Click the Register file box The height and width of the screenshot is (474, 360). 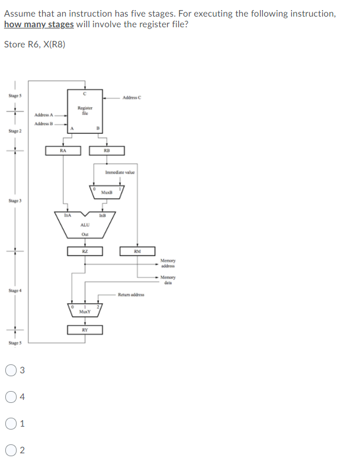pos(85,110)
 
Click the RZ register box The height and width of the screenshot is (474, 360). pos(85,251)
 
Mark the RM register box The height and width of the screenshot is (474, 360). pos(137,251)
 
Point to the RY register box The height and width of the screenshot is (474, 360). pos(85,329)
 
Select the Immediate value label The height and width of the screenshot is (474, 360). pos(120,172)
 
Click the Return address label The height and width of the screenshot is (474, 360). pos(131,294)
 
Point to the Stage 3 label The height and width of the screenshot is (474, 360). pos(15,201)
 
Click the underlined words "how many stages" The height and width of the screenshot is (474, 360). pos(39,24)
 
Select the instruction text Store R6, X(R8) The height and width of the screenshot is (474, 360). pos(34,44)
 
